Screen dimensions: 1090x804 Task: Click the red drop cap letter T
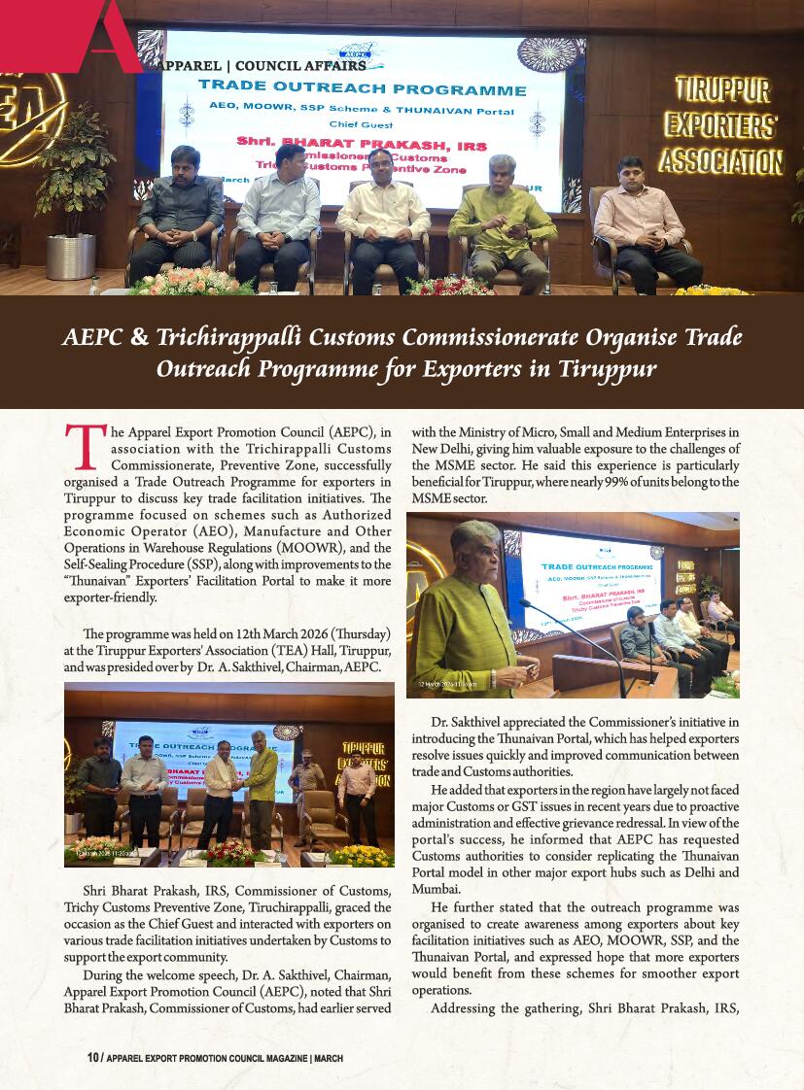84,448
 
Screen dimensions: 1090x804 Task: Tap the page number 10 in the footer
92,1058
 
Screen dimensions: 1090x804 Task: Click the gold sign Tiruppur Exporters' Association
720,126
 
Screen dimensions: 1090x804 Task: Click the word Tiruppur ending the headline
608,369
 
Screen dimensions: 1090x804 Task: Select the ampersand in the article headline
139,337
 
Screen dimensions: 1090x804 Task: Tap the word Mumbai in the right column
436,889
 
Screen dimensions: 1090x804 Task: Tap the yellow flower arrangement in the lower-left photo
361,856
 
